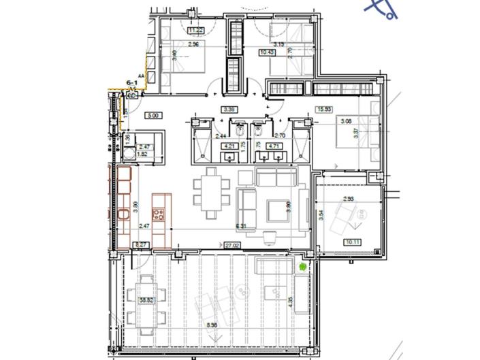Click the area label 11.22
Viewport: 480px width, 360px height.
(x=196, y=30)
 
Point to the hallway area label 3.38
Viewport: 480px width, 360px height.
(x=229, y=109)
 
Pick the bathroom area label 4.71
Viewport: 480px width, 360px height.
(x=275, y=145)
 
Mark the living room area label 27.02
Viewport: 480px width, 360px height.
(x=231, y=244)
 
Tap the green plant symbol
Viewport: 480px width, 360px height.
(x=302, y=267)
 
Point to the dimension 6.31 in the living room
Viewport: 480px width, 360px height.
(x=240, y=226)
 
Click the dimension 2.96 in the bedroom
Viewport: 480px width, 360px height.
(x=193, y=45)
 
